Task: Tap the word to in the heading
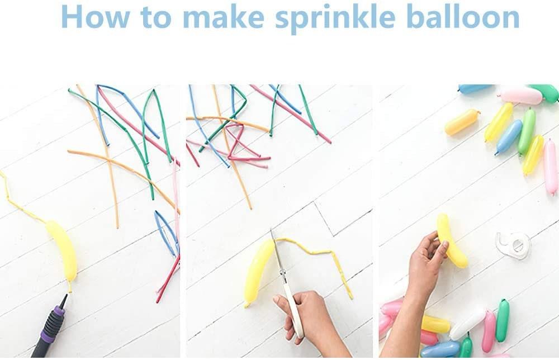pyautogui.click(x=156, y=17)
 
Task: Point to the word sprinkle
pyautogui.click(x=335, y=18)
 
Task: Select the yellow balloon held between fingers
pyautogui.click(x=451, y=240)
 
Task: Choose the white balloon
pyautogui.click(x=467, y=324)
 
